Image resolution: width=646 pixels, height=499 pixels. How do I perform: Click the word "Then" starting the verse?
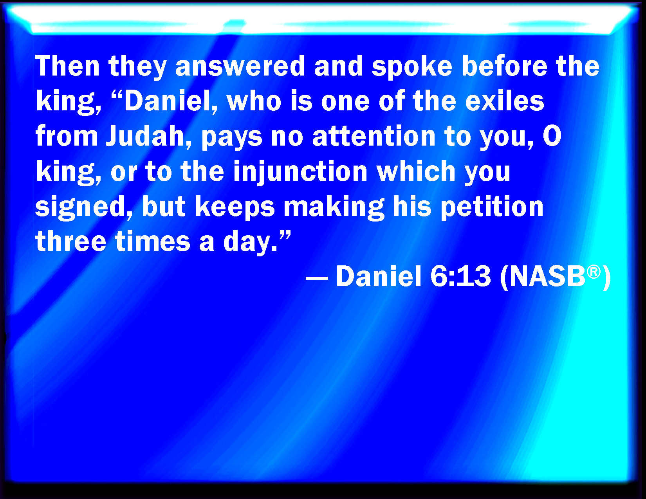pos(67,66)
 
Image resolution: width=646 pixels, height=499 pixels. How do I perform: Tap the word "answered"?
pos(240,66)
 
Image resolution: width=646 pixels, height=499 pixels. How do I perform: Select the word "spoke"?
pos(412,68)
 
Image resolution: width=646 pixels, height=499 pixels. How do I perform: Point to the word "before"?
pos(505,66)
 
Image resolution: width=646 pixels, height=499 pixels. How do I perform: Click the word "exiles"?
pos(505,101)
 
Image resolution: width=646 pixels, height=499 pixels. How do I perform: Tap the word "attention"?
pos(374,136)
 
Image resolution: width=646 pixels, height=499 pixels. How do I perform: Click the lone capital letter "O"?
pos(552,136)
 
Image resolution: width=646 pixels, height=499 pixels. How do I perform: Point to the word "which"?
pos(416,171)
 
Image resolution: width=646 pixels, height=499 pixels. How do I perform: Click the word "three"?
pos(71,241)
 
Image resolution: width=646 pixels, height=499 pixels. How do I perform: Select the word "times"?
pos(153,241)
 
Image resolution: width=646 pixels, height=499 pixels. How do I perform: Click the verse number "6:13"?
pos(460,276)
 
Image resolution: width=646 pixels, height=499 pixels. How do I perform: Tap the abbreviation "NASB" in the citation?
pos(547,276)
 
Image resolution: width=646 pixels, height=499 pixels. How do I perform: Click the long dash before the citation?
pos(317,279)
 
